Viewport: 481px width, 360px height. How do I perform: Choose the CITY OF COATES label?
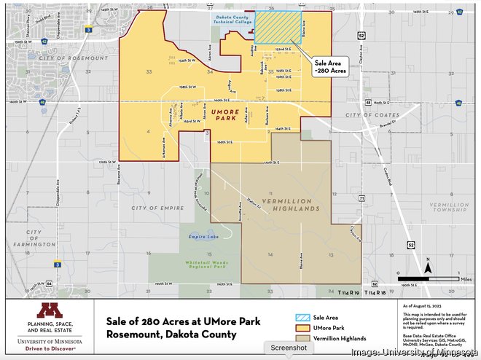tap(372, 115)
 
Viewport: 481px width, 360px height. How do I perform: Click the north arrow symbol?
tap(429, 269)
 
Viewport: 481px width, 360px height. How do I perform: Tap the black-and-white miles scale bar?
tap(423, 278)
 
